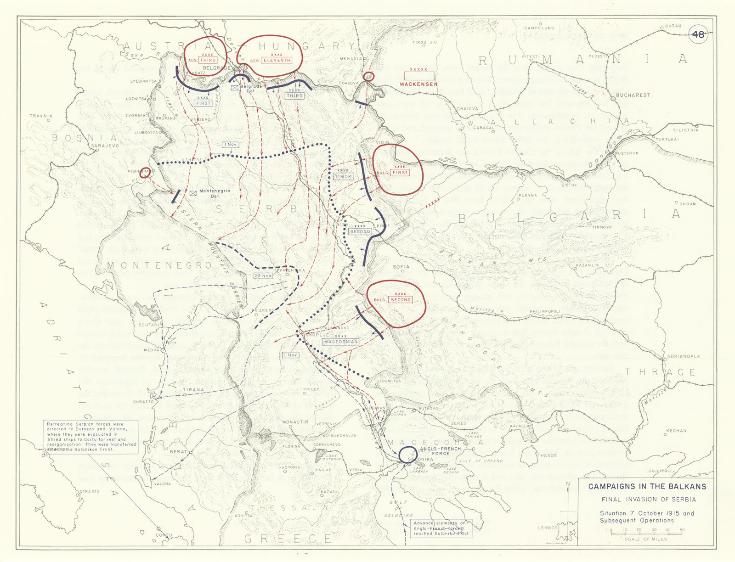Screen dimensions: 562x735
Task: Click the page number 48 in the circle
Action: pyautogui.click(x=698, y=36)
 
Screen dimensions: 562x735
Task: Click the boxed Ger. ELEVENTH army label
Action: pyautogui.click(x=277, y=60)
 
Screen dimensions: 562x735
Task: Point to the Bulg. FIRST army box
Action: pyautogui.click(x=400, y=172)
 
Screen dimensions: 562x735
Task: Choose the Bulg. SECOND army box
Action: pyautogui.click(x=400, y=299)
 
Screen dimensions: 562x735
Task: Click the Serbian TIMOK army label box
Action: pyautogui.click(x=343, y=176)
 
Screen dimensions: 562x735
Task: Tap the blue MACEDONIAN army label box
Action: pyautogui.click(x=340, y=342)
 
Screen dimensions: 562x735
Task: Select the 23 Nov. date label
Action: pyautogui.click(x=263, y=275)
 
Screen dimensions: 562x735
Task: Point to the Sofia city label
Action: pyautogui.click(x=401, y=267)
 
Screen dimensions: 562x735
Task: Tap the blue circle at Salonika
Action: pyautogui.click(x=408, y=455)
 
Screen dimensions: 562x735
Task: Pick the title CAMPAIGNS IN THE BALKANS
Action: pyautogui.click(x=647, y=486)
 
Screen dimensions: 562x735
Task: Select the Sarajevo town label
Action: pyautogui.click(x=105, y=146)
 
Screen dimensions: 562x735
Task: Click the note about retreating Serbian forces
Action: pyautogui.click(x=91, y=437)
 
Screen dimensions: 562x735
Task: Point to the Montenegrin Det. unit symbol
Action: pyautogui.click(x=193, y=193)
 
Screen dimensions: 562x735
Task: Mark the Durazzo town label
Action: pyautogui.click(x=143, y=402)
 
